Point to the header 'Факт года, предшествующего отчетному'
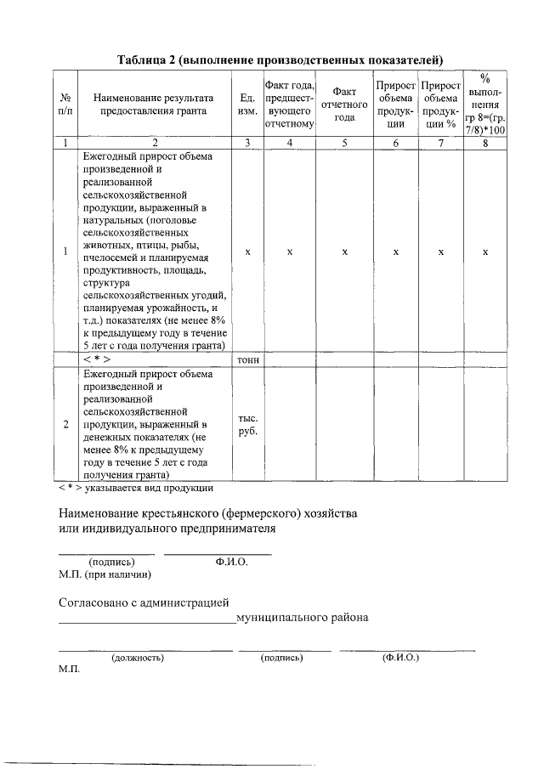290,103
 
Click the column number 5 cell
344,143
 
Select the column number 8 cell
485,143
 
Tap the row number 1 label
65,251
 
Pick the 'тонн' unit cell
247,359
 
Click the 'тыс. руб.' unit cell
247,423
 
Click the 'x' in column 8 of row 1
485,252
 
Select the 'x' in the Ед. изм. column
247,252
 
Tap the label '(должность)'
137,658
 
